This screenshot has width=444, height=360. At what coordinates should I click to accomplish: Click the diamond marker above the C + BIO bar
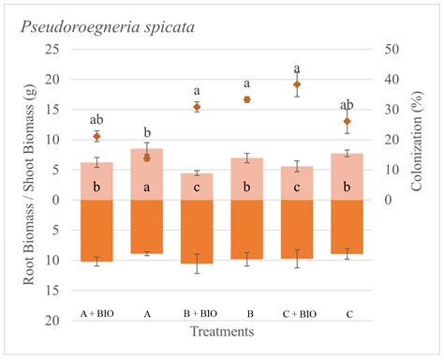pos(297,84)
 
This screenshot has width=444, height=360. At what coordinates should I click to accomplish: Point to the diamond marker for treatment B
pos(246,99)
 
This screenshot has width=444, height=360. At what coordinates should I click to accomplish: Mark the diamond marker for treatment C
pos(348,121)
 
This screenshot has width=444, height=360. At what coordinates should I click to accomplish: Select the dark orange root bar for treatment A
pos(146,226)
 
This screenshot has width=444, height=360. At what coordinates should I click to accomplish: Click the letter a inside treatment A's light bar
pos(146,187)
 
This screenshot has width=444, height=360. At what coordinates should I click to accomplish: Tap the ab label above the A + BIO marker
pos(96,120)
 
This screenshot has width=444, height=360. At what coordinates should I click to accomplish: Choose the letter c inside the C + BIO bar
pos(297,187)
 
